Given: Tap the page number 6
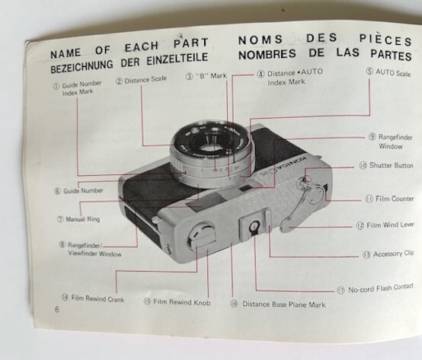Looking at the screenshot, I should [x=57, y=311].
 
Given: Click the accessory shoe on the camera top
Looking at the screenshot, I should [x=254, y=226].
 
